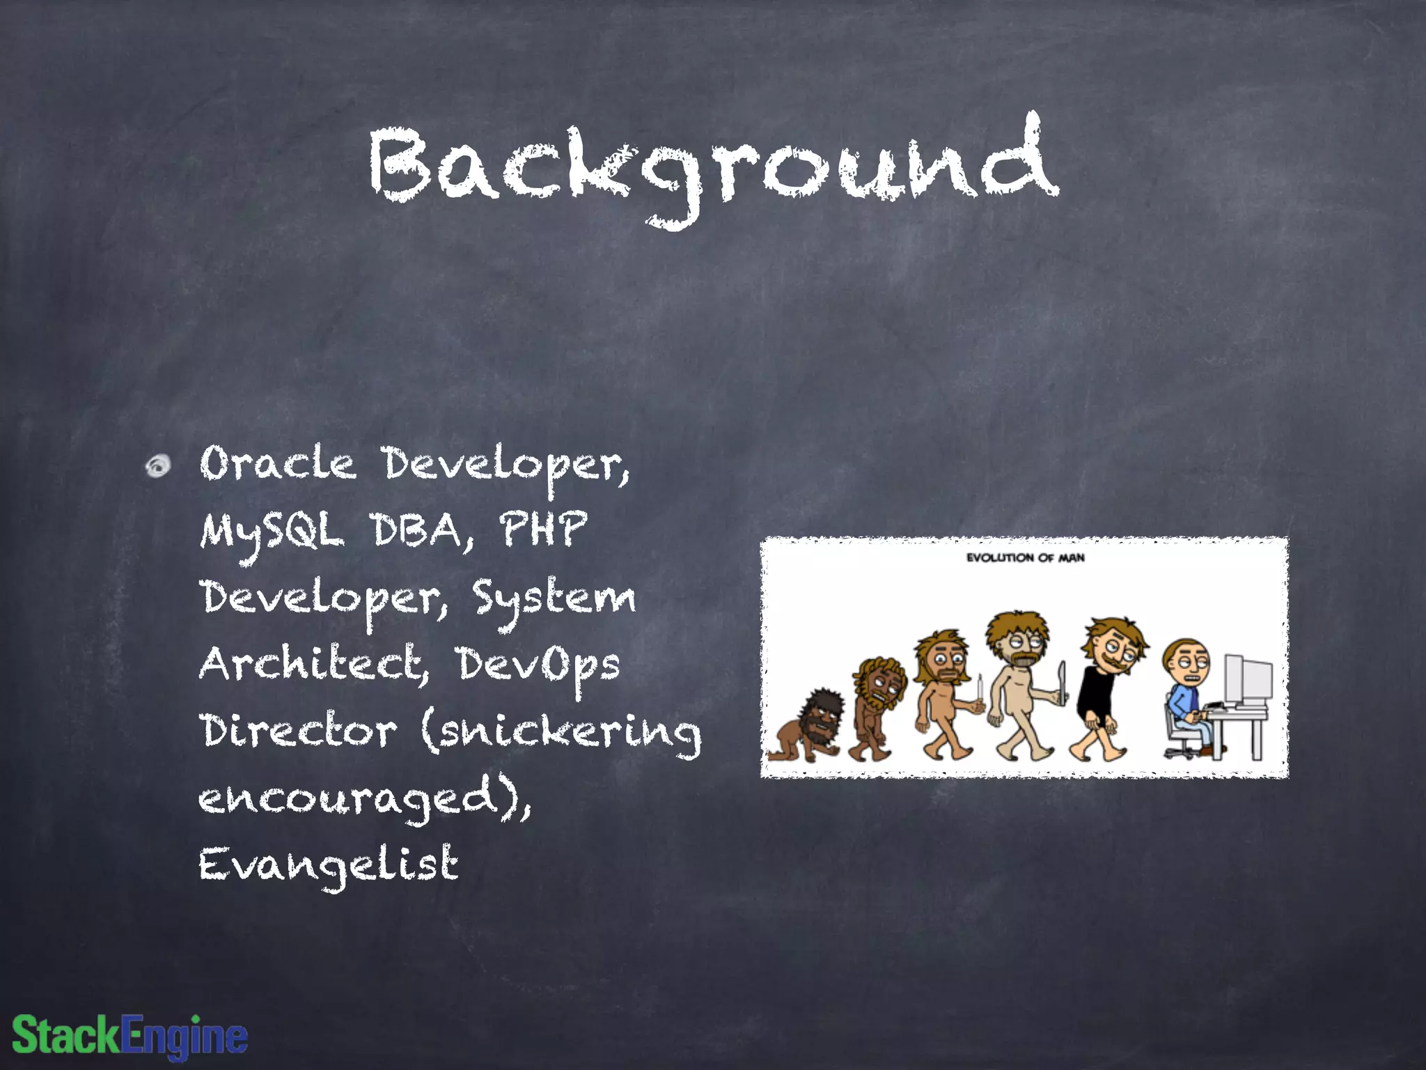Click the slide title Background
(x=713, y=167)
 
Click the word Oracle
(x=277, y=463)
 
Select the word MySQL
(x=272, y=531)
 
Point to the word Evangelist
(x=329, y=865)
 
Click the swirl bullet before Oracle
(x=158, y=465)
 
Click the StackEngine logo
(x=130, y=1035)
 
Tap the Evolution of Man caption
(x=1025, y=557)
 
